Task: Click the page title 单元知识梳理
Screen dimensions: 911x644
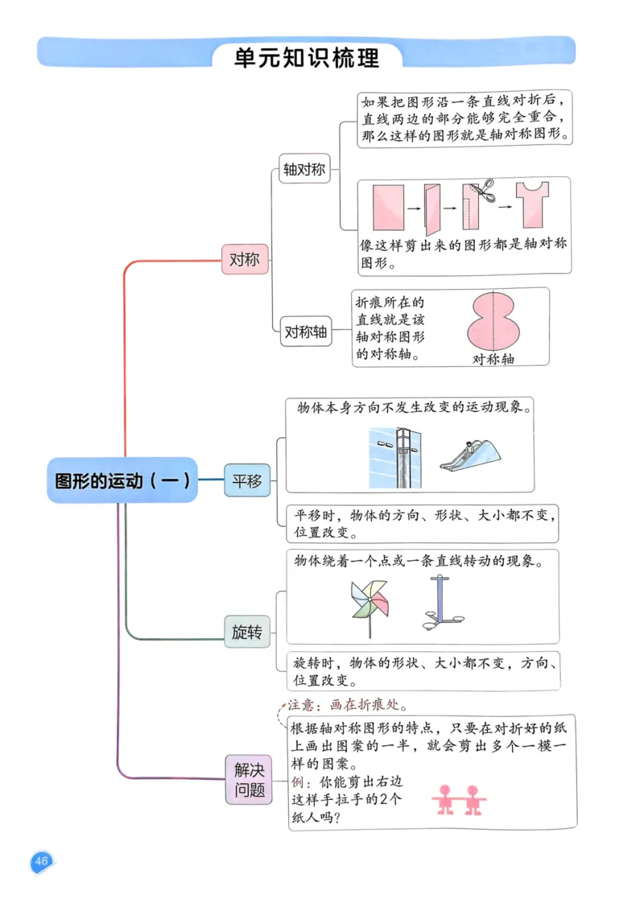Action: point(306,58)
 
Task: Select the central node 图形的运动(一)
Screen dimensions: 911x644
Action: point(122,480)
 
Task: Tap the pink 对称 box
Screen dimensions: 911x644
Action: point(245,260)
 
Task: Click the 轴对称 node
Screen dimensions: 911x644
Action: point(304,170)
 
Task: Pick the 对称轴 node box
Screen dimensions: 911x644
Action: point(306,331)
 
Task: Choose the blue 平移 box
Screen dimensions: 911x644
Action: point(247,481)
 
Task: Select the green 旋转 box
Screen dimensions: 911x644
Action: point(247,633)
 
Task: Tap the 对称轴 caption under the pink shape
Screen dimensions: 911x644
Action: point(493,360)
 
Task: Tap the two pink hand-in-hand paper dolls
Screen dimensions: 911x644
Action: point(457,800)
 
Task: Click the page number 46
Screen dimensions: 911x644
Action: point(41,862)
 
